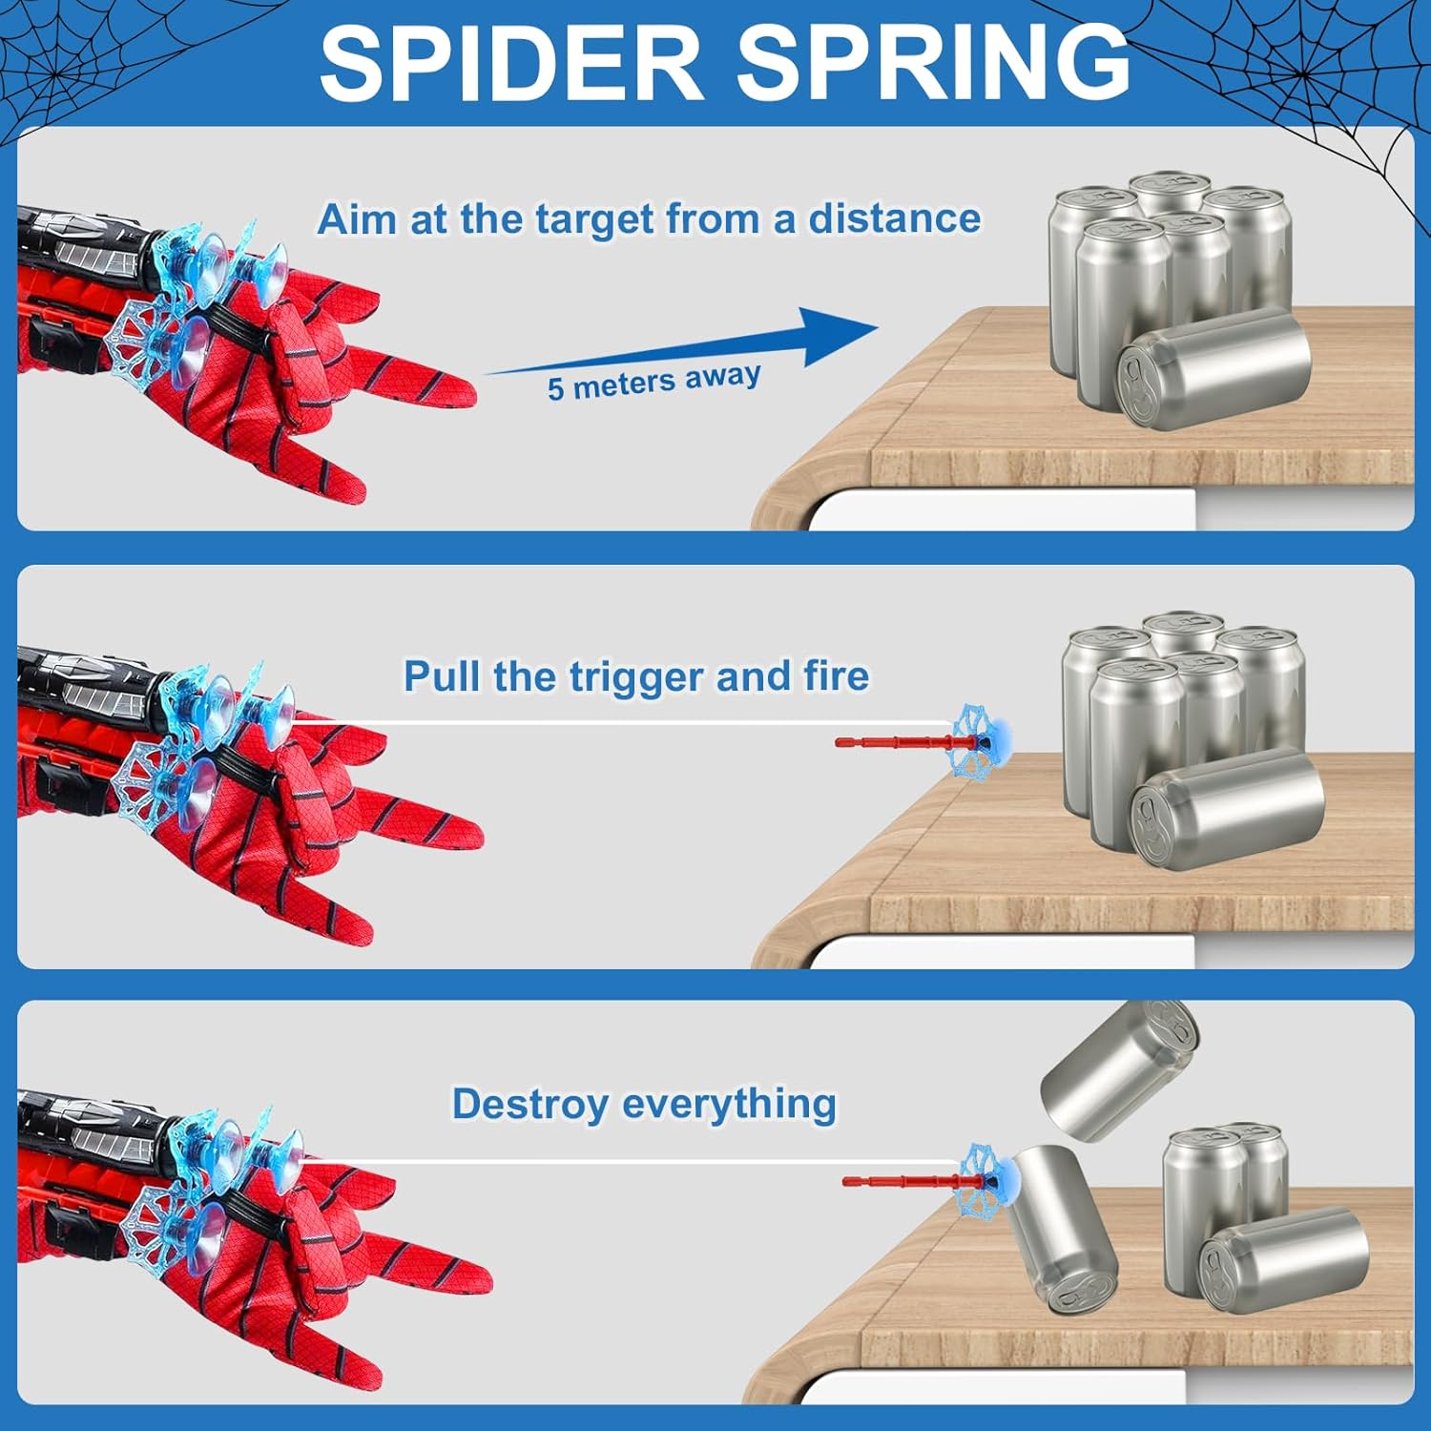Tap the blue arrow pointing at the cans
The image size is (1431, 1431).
(x=682, y=342)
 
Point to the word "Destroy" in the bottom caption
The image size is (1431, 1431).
(x=530, y=1106)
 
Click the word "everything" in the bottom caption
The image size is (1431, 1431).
(x=730, y=1105)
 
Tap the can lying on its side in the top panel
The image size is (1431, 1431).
(x=1213, y=368)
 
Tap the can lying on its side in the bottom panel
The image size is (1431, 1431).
(x=1283, y=1260)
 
